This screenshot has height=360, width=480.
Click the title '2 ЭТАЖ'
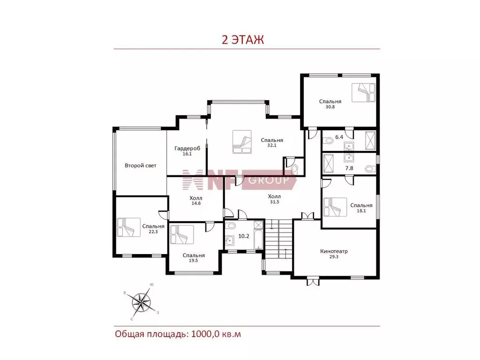[x=242, y=40]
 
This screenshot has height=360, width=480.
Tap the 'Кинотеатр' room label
[x=334, y=251]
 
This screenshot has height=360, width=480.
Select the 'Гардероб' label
[x=187, y=149]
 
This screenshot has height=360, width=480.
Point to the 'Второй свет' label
[x=141, y=165]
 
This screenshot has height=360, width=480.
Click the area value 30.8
[x=330, y=107]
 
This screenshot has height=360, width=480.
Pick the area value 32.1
[x=272, y=145]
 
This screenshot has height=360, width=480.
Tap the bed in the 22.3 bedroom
[x=128, y=227]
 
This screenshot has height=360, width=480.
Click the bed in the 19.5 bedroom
[x=182, y=234]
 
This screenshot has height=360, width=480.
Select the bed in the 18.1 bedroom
[x=335, y=207]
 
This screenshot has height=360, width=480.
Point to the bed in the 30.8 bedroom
[x=363, y=92]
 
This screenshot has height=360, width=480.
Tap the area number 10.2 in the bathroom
[x=244, y=236]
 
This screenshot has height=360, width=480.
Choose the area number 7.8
[x=349, y=168]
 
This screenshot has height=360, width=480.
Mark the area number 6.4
[x=339, y=137]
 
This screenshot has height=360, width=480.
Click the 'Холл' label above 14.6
[x=196, y=198]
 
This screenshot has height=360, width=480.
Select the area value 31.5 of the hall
[x=274, y=202]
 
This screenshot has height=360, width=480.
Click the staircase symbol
[x=278, y=239]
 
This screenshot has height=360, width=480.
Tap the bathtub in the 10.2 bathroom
[x=259, y=235]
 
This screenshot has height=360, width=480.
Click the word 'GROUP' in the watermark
[x=269, y=180]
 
